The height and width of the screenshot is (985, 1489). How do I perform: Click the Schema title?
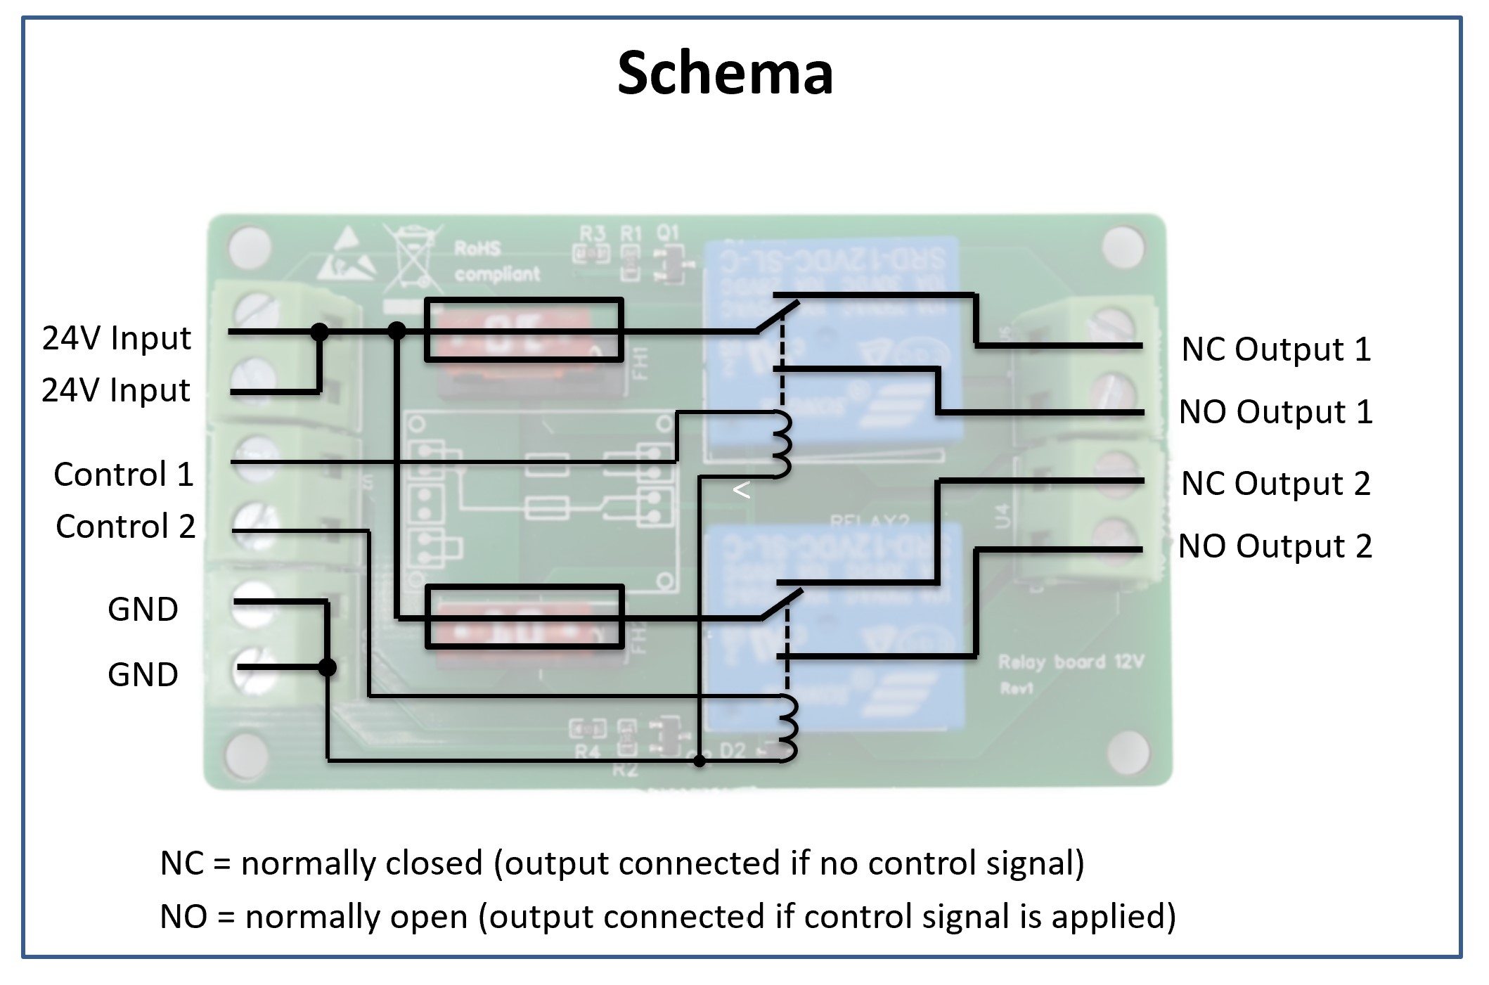[725, 74]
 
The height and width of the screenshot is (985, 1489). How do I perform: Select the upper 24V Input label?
[116, 338]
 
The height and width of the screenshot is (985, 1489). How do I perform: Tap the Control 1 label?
[124, 475]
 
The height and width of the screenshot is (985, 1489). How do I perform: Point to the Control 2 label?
[125, 527]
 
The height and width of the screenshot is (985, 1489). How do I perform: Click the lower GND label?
[143, 675]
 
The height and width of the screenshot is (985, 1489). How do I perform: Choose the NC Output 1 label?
[1276, 349]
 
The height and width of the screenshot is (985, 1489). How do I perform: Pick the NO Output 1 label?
[1275, 412]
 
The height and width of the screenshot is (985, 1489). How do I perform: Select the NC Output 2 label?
[1275, 484]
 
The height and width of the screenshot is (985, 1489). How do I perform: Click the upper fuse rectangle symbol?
[524, 330]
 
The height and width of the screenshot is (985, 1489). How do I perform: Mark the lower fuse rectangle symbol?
[524, 616]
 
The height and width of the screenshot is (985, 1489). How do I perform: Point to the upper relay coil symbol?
[782, 444]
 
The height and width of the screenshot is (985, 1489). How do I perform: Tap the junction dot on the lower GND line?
[327, 667]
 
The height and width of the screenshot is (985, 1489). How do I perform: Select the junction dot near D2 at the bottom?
[700, 761]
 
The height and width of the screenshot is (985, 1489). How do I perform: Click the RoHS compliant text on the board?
[496, 261]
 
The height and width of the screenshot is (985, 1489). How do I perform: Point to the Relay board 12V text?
[1070, 662]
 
